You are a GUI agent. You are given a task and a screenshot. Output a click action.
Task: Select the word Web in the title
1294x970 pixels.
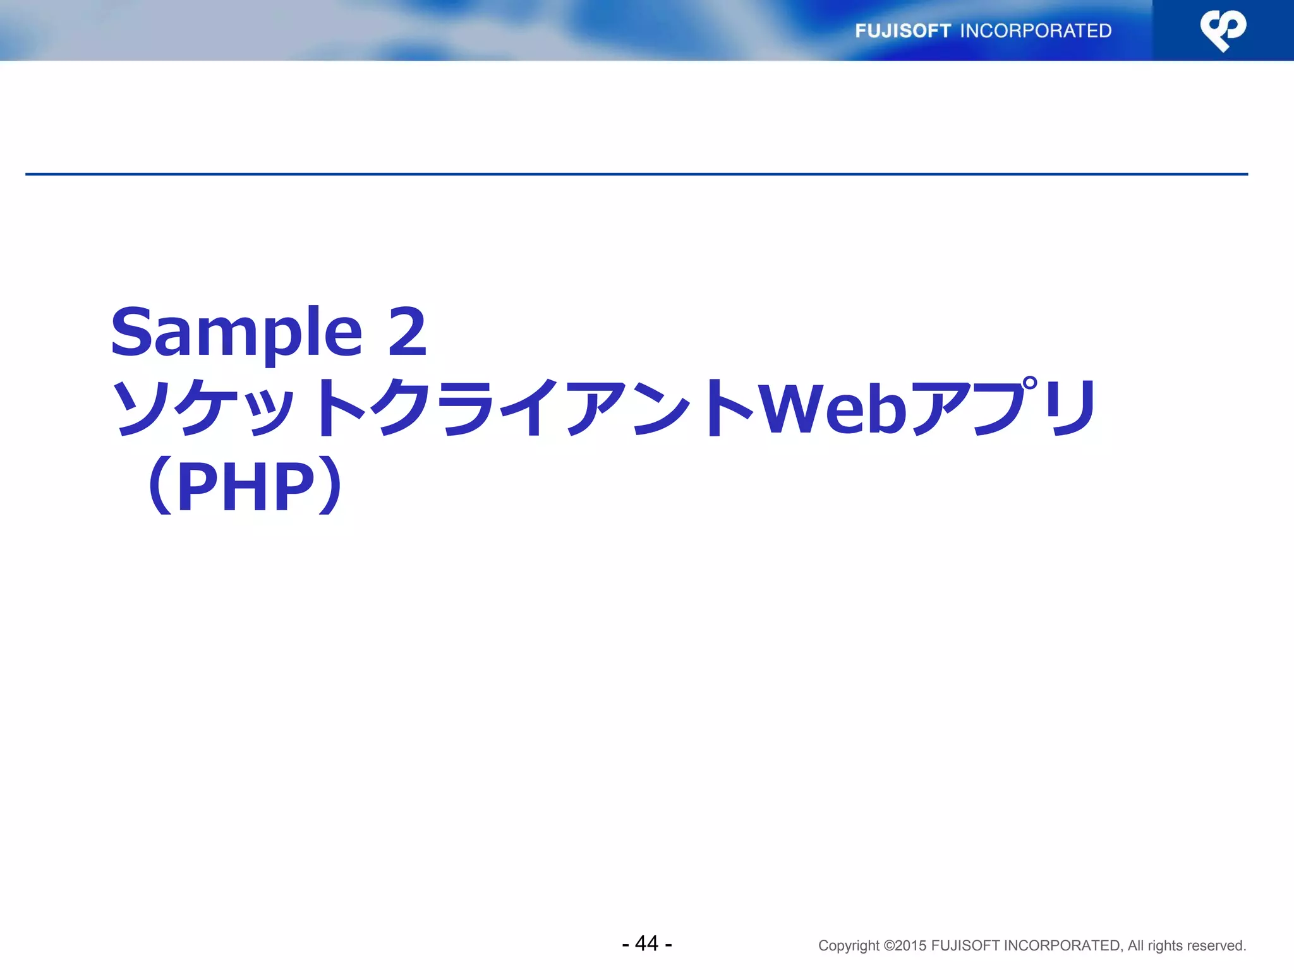832,409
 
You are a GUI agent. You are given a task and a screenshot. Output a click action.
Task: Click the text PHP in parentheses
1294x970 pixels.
246,486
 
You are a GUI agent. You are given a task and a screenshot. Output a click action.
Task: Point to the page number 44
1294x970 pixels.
646,943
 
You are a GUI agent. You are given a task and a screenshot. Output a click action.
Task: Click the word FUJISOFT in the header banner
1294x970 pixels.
902,31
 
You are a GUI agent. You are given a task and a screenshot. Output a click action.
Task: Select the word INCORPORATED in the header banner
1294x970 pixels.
1036,31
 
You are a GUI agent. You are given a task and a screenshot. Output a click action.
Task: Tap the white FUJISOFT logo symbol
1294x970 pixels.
1223,30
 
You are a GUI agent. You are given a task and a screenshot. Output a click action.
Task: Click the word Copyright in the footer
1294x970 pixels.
849,946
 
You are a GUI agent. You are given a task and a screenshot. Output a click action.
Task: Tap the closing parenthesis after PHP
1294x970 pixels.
330,486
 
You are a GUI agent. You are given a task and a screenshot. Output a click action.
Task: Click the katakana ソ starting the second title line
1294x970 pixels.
140,409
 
